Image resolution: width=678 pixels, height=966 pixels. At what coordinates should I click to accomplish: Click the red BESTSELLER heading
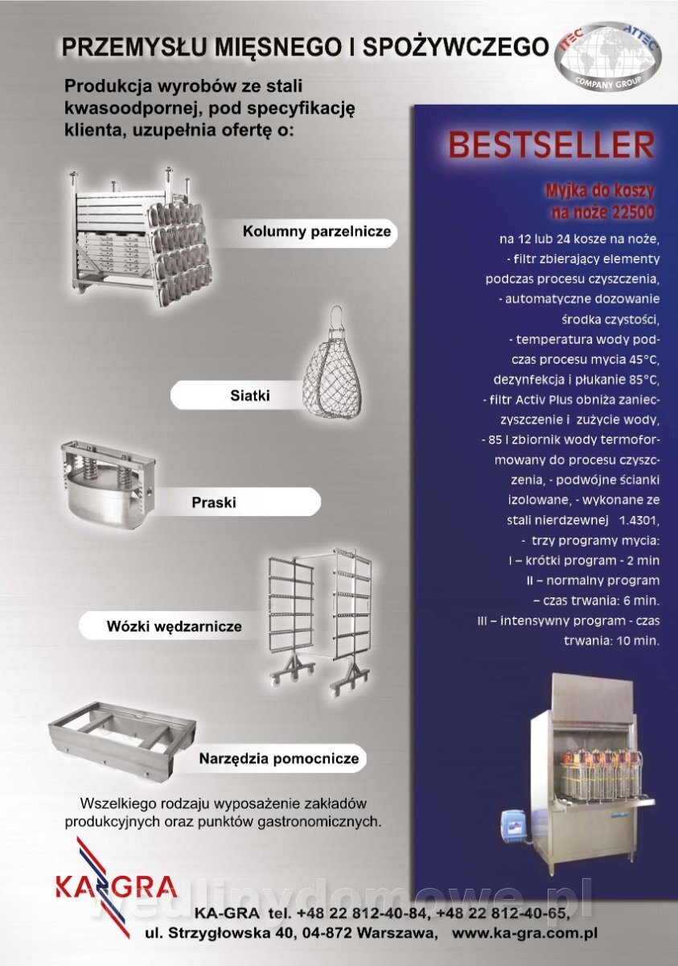[x=551, y=146]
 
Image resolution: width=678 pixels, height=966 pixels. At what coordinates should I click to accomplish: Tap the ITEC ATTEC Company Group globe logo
[x=610, y=56]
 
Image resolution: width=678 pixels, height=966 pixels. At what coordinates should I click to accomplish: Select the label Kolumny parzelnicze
[x=317, y=232]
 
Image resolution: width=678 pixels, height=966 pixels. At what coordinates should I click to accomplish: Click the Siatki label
[x=250, y=395]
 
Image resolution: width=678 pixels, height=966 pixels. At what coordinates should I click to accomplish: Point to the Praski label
[x=214, y=502]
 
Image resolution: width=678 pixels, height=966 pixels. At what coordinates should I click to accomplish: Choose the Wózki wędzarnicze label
[x=174, y=626]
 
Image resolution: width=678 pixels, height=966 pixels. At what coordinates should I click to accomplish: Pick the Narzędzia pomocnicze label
[x=279, y=758]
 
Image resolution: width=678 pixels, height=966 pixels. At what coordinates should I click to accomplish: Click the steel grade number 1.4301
[x=639, y=521]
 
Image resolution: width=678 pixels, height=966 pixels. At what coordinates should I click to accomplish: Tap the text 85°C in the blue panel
[x=643, y=380]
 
